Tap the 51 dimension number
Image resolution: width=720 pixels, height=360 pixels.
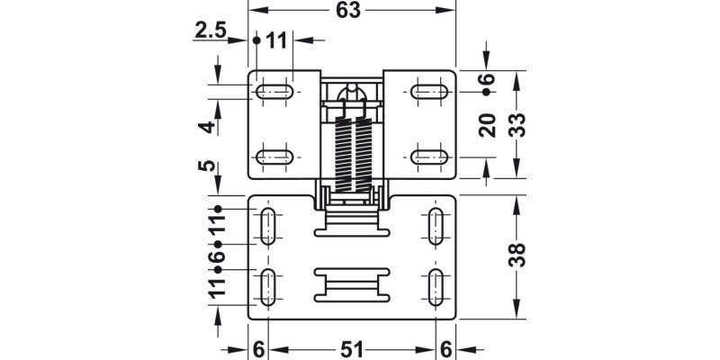(x=352, y=346)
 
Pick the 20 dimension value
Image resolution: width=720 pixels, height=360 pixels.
(x=488, y=125)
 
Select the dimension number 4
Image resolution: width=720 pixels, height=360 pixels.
(x=208, y=127)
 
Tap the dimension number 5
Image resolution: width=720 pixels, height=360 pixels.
(x=208, y=166)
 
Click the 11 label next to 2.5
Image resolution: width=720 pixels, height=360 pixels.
(x=275, y=40)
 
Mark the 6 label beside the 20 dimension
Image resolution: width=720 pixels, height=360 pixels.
(x=488, y=80)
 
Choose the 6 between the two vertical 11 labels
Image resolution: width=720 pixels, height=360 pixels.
(x=216, y=256)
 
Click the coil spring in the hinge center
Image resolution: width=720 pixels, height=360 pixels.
(x=352, y=153)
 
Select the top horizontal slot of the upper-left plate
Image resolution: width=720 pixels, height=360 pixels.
(x=274, y=92)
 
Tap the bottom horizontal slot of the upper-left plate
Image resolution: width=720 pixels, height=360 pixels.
(x=274, y=157)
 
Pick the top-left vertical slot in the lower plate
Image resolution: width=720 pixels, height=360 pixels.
(x=267, y=226)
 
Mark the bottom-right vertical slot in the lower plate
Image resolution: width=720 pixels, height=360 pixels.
(x=436, y=287)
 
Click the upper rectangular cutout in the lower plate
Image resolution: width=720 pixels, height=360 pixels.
(x=352, y=230)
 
